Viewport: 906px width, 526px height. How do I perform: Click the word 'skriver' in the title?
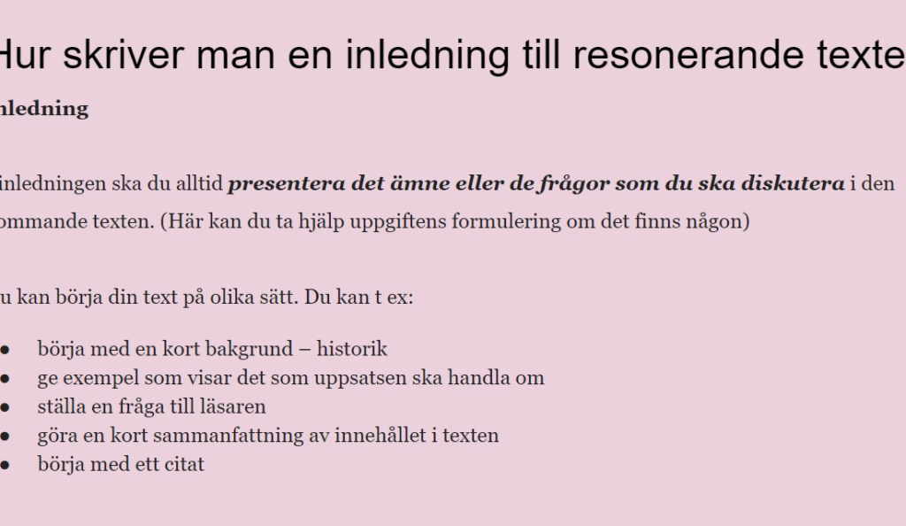[x=122, y=55]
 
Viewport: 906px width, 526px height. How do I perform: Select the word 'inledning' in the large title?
[x=427, y=57]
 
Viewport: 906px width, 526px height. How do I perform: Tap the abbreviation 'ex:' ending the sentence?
[x=401, y=298]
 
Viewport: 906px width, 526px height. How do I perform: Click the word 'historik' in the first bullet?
[x=352, y=349]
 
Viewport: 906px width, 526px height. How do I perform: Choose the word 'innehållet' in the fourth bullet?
[x=380, y=436]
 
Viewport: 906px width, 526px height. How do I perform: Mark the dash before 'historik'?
[x=305, y=350]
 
